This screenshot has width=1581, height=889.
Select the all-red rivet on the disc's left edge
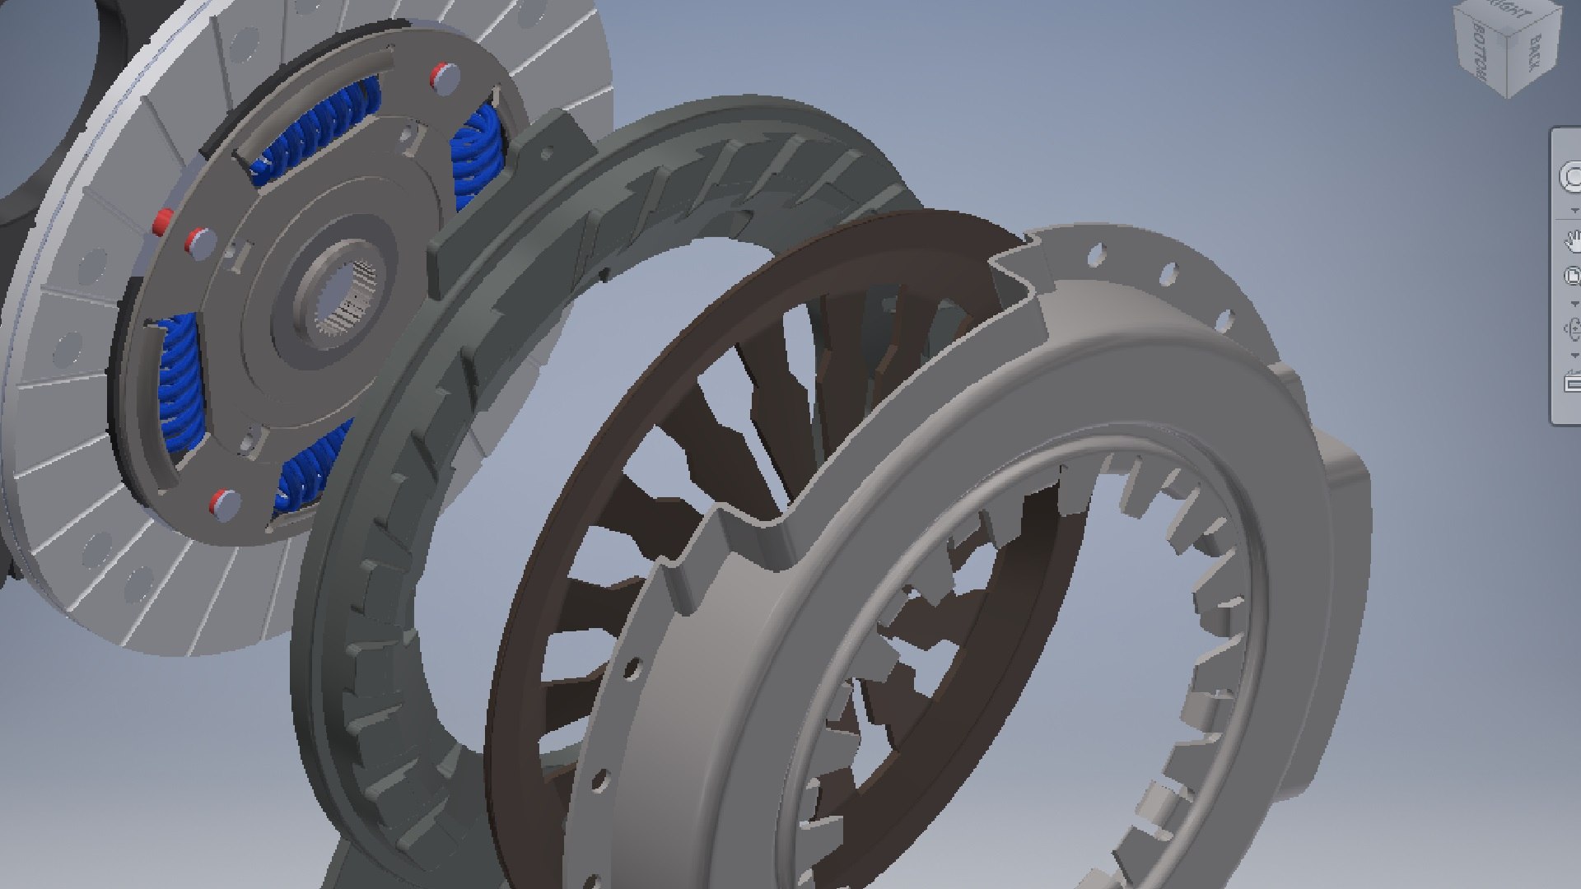coord(162,221)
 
